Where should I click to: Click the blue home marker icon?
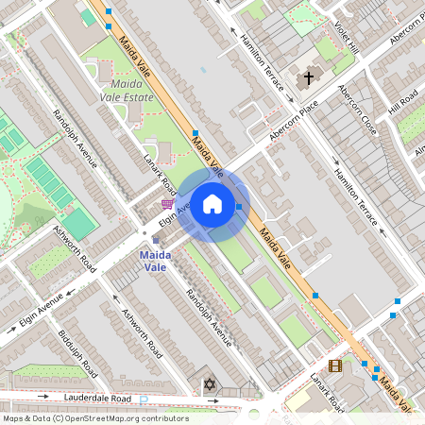click(212, 205)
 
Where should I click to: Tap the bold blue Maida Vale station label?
click(155, 261)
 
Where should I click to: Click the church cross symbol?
click(308, 79)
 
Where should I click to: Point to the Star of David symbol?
click(208, 385)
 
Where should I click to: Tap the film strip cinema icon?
click(334, 365)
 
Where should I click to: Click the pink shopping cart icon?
click(167, 203)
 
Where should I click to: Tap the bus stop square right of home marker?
click(240, 206)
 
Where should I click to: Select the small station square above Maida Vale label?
click(156, 240)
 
